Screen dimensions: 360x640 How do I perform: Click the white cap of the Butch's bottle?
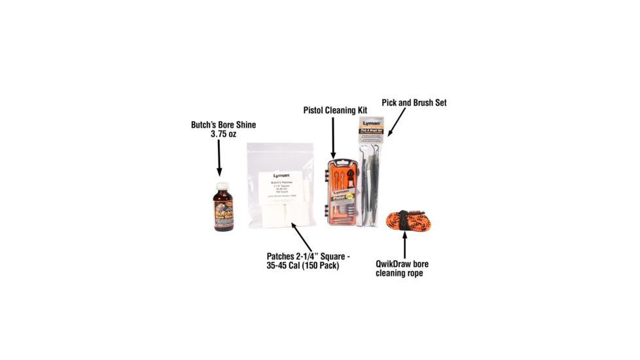tap(222, 186)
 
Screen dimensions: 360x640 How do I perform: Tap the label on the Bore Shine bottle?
tap(222, 213)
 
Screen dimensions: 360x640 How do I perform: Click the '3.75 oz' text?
tap(222, 134)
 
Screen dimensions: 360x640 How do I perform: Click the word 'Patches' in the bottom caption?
tap(283, 256)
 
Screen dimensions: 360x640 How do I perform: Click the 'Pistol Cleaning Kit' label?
tap(335, 110)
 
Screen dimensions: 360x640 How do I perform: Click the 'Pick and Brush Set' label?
tap(414, 103)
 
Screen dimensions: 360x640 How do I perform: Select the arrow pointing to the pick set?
tap(397, 122)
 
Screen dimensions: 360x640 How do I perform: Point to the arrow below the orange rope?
tap(404, 245)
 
